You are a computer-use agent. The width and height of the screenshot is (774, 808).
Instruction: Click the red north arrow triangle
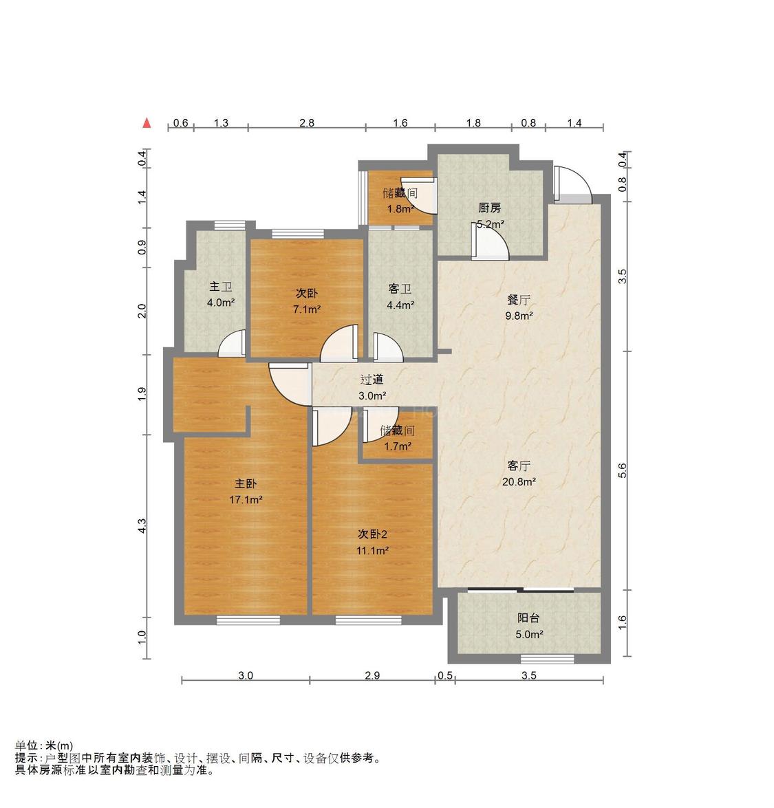pos(146,123)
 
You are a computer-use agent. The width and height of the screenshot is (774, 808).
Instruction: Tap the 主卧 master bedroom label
pos(246,484)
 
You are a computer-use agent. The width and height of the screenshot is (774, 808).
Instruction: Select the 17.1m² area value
pos(246,500)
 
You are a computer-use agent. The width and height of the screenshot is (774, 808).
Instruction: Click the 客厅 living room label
pos(519,466)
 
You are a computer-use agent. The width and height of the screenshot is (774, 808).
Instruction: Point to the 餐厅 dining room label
pos(519,300)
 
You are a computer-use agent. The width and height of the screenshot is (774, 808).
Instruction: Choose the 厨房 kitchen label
pos(489,208)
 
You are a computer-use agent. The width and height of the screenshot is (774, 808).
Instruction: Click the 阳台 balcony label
pos(528,618)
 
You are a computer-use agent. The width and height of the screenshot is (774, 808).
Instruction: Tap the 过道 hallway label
pos(372,380)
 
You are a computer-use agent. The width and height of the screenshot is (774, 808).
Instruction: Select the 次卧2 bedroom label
pos(373,534)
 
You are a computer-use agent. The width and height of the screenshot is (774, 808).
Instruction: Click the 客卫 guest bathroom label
pos(400,289)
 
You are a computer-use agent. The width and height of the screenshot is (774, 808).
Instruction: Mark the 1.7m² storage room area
pos(398,446)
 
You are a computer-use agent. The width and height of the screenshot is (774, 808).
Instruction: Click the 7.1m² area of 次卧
pos(306,309)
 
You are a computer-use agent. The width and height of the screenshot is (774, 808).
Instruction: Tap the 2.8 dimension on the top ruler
pos(307,123)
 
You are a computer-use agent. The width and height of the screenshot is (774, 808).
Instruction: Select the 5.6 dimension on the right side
pos(623,470)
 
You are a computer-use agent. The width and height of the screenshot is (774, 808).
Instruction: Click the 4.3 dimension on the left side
pos(142,525)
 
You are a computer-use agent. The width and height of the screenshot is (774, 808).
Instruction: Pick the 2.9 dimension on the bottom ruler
pos(372,676)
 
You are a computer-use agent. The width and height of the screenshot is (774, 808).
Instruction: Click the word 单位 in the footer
pos(28,745)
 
